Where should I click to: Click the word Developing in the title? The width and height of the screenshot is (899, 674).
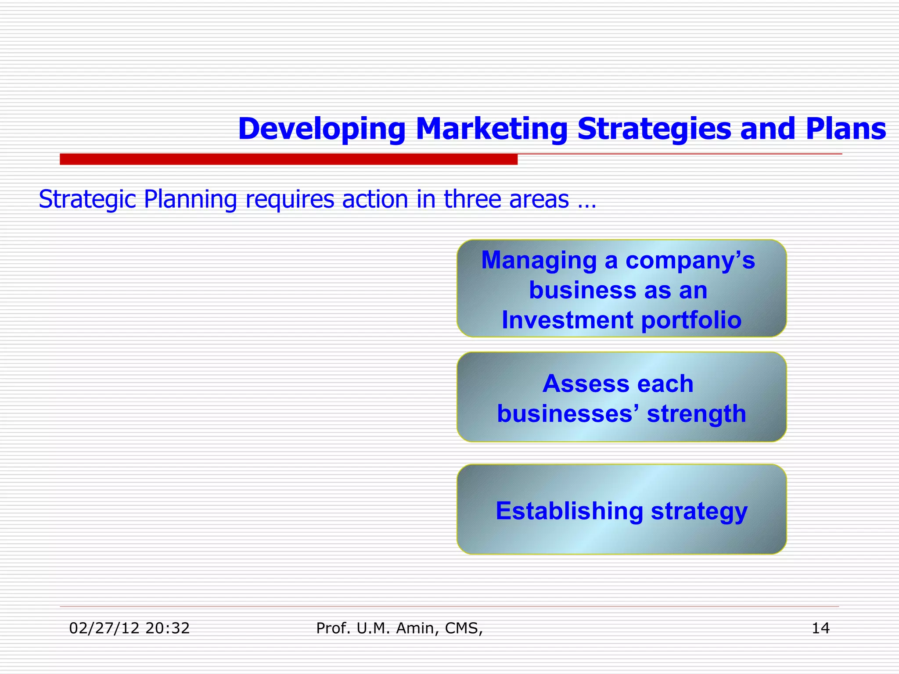pos(321,129)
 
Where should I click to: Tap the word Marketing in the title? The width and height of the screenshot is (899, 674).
pos(491,129)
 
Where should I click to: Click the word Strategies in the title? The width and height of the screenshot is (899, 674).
pos(654,129)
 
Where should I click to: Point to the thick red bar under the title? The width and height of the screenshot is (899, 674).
pos(288,159)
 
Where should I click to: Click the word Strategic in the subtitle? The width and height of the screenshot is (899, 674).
pos(87,200)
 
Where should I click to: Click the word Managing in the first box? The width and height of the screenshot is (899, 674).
pos(539,261)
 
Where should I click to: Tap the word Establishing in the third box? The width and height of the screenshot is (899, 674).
pos(569,512)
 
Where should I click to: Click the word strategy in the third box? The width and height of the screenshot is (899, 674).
pos(699,512)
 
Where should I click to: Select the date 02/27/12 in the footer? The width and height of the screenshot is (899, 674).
pos(104,628)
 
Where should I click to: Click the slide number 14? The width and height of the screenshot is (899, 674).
pos(820,628)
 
